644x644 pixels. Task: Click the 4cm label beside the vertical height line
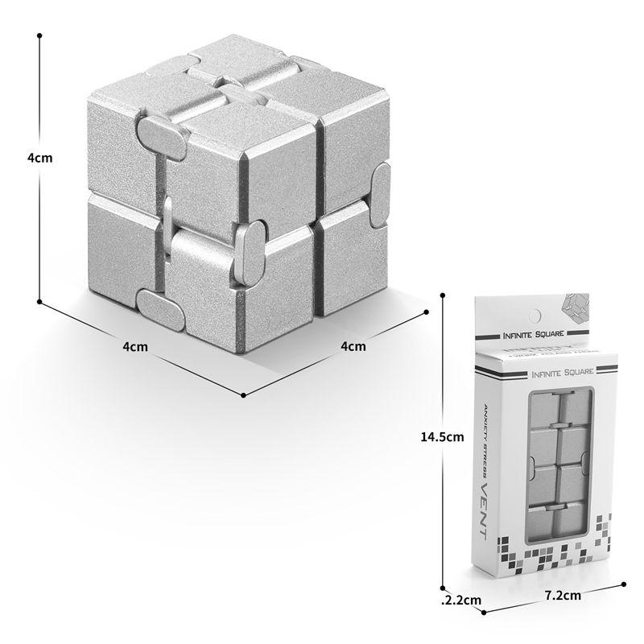39,158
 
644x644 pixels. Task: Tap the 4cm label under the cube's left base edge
134,347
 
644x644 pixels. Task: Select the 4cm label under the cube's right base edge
354,347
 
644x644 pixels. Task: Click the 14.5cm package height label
443,437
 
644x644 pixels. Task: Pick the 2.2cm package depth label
462,600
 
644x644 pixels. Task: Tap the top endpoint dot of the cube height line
39,36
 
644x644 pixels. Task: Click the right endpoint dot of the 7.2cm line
625,584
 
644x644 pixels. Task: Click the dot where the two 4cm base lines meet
244,395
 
